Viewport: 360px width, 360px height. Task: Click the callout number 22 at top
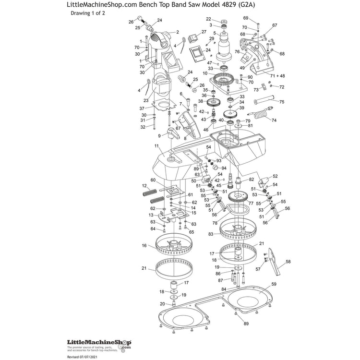click(209, 19)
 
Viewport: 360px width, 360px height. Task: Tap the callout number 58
click(288, 262)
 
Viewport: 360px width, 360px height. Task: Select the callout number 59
click(274, 285)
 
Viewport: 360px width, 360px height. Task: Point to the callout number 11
click(156, 146)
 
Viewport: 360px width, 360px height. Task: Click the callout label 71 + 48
click(277, 76)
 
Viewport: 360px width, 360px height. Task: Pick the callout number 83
click(211, 234)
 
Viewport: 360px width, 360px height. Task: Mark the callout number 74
click(274, 120)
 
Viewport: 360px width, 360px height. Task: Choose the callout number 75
click(282, 102)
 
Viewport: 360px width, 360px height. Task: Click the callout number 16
click(144, 245)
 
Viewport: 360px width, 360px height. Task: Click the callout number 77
click(251, 203)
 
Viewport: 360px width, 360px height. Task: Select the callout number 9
click(159, 136)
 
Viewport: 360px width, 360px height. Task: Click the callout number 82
click(251, 179)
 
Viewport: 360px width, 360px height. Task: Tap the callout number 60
click(154, 180)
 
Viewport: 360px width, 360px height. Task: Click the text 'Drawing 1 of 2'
click(87, 13)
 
